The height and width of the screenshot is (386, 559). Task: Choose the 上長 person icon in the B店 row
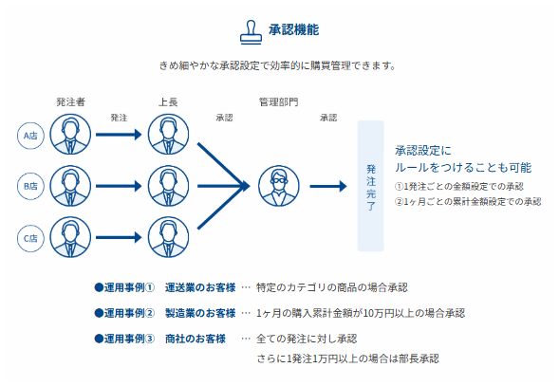pos(171,186)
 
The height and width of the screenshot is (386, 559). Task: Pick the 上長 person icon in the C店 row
pos(171,237)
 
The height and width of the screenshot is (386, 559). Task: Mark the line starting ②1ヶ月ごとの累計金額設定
pos(467,201)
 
